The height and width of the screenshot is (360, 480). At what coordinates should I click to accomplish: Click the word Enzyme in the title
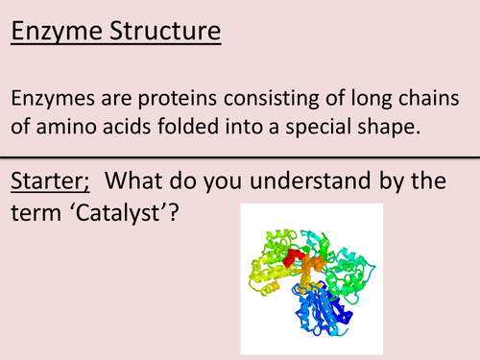(60, 34)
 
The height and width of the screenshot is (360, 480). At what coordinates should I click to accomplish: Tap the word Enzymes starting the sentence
(57, 101)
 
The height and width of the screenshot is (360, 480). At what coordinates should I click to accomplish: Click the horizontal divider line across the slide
(240, 156)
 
